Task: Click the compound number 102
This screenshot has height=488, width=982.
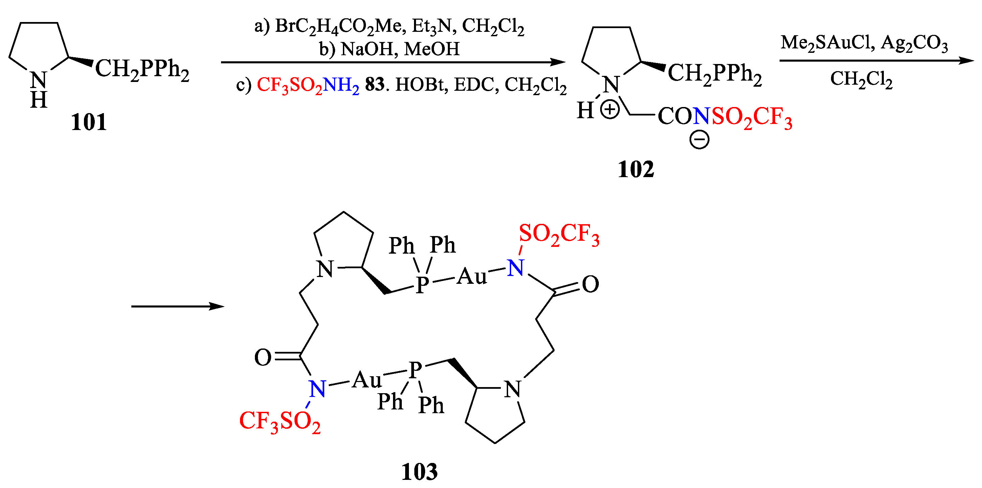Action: pos(635,169)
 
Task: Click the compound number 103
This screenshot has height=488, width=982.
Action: pos(419,472)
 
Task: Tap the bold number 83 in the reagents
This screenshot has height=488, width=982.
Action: pos(374,85)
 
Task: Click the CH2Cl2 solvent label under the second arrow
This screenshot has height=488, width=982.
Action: pos(861,79)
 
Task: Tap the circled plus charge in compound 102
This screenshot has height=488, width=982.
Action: pos(610,110)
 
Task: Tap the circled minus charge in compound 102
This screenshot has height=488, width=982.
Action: pos(699,140)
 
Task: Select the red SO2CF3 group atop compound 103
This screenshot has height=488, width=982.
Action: pos(559,234)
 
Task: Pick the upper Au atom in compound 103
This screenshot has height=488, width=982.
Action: pos(472,276)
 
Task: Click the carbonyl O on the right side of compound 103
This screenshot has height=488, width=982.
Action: pos(590,284)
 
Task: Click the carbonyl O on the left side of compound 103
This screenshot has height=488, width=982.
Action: pos(263,358)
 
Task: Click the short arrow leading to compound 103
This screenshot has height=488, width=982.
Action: pos(177,306)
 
